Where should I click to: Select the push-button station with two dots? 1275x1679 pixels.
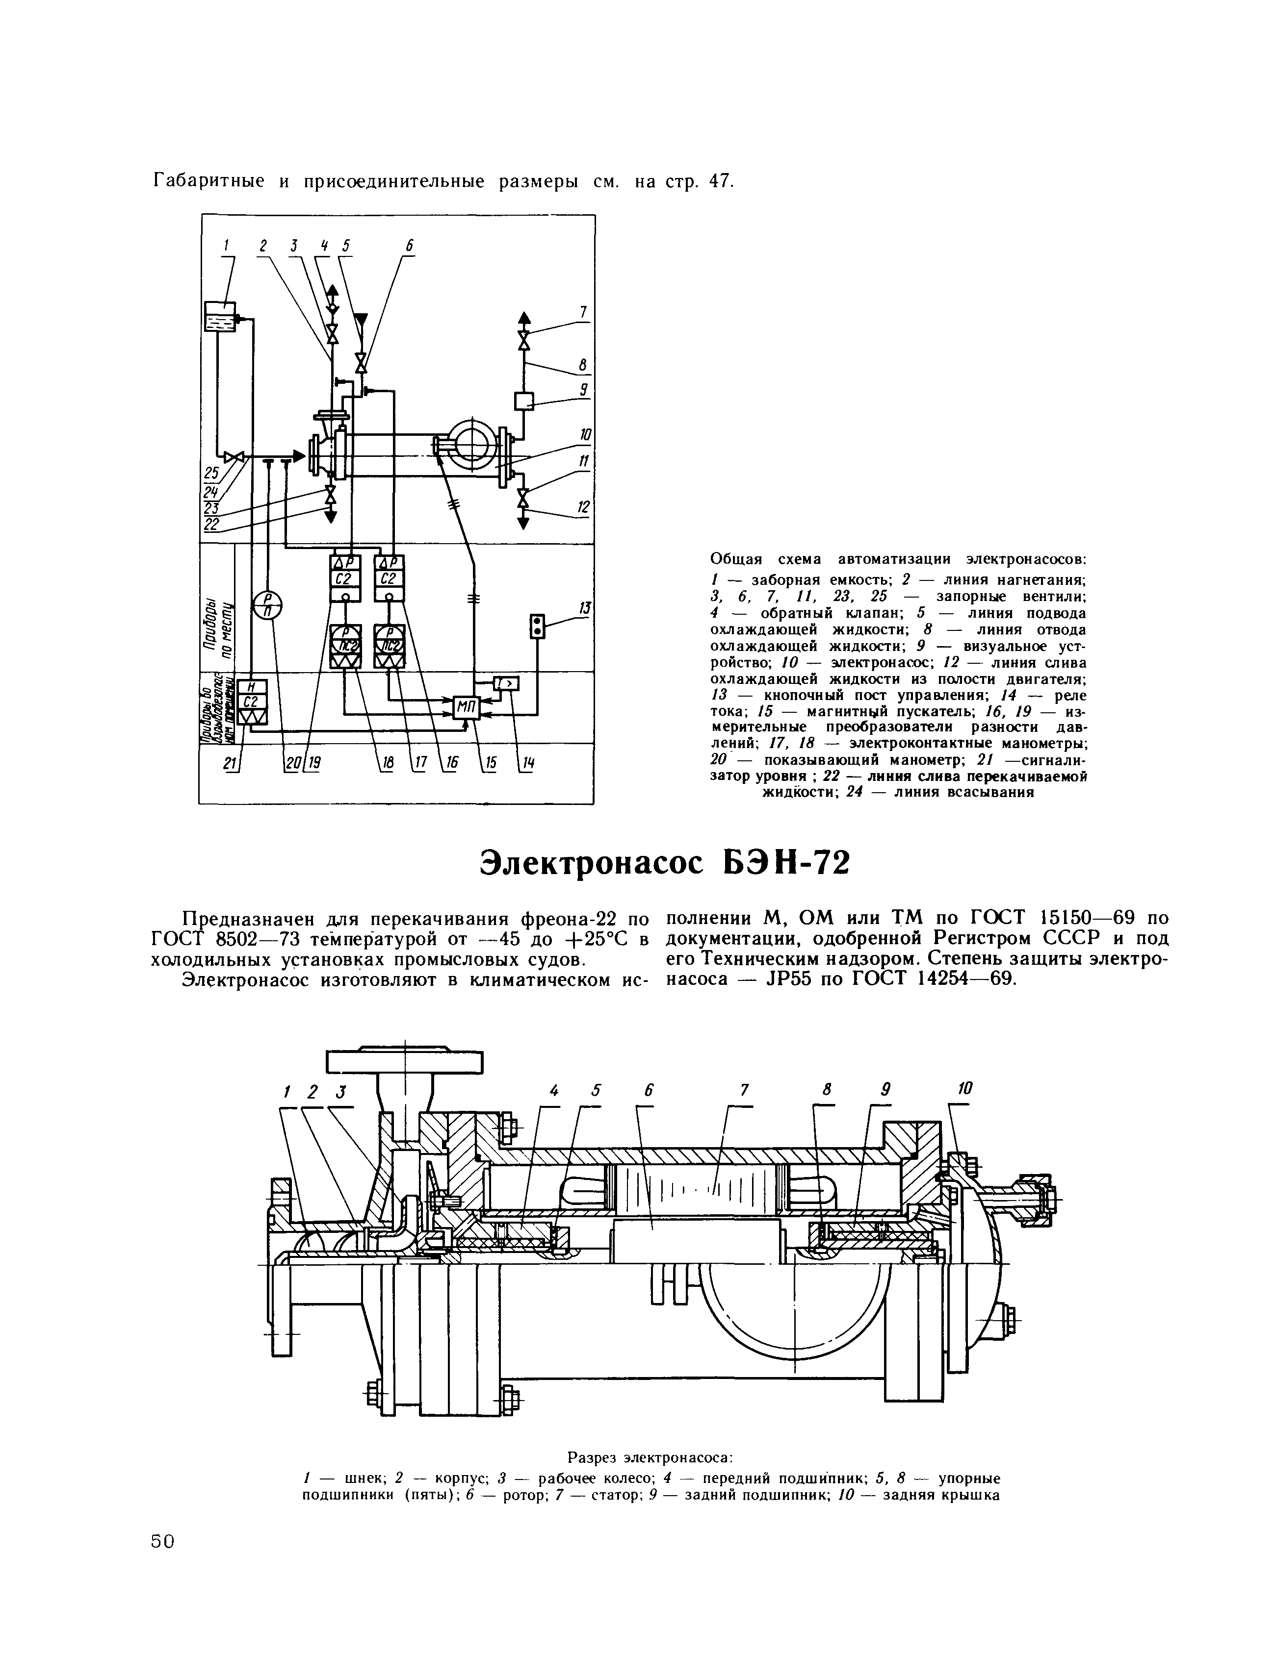pos(537,627)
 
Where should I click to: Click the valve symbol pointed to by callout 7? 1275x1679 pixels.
pos(524,340)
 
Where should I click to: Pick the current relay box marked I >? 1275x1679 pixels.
pos(506,684)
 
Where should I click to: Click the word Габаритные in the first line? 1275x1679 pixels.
pos(209,182)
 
